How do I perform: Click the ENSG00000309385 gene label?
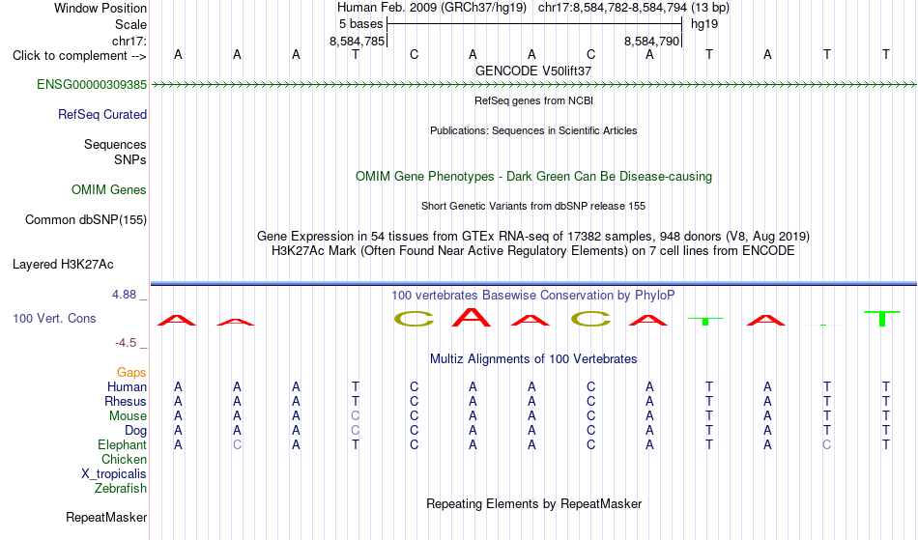tap(92, 85)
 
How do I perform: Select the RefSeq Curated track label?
tap(102, 115)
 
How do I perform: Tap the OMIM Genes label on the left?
tap(109, 190)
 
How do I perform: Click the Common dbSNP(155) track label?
tap(86, 220)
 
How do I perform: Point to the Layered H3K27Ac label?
tap(63, 265)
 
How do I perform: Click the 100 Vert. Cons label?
tap(54, 318)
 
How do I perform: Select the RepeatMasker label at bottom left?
tap(106, 517)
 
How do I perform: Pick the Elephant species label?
tap(123, 445)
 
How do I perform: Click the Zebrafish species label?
tap(121, 489)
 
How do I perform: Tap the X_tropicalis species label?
tap(114, 474)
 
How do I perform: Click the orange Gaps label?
tap(131, 373)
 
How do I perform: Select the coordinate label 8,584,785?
tap(358, 41)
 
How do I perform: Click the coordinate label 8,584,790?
tap(651, 41)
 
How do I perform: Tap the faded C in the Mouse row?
tap(356, 416)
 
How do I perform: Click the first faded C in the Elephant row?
tap(237, 445)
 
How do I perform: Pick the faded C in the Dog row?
tap(356, 431)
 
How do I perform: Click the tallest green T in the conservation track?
tap(881, 318)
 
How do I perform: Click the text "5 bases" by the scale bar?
tap(360, 24)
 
